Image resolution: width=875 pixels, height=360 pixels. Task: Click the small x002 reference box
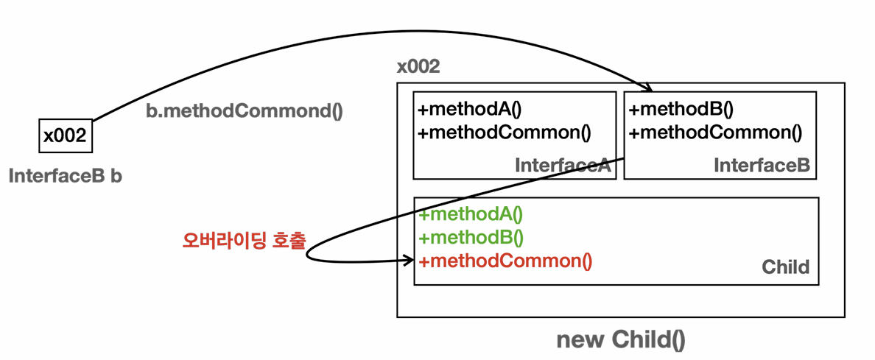click(65, 136)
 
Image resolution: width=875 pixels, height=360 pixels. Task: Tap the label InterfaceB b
click(65, 177)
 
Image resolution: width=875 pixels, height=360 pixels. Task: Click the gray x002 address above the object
click(418, 67)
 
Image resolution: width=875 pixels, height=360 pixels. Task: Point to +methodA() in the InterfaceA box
click(470, 110)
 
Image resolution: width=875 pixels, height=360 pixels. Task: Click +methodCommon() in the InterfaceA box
click(505, 133)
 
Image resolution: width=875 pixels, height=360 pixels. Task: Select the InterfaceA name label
click(562, 166)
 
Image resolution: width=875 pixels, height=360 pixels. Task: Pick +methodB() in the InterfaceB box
click(681, 110)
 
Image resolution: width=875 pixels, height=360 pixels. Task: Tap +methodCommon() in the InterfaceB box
click(715, 133)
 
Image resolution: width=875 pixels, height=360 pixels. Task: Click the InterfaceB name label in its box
click(762, 166)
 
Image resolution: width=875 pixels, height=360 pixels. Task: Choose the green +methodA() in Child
click(470, 215)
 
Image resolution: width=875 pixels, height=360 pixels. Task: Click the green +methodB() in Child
click(470, 238)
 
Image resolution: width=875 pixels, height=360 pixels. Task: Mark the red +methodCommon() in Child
click(505, 261)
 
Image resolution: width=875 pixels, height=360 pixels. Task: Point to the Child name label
click(785, 267)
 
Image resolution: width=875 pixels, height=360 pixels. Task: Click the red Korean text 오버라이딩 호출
click(243, 240)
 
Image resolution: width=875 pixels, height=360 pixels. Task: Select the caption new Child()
click(620, 340)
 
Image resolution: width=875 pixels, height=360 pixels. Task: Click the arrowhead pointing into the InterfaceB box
click(648, 89)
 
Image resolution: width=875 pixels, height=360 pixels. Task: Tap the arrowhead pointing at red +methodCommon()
click(407, 260)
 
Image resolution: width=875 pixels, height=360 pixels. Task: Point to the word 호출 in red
click(288, 240)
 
